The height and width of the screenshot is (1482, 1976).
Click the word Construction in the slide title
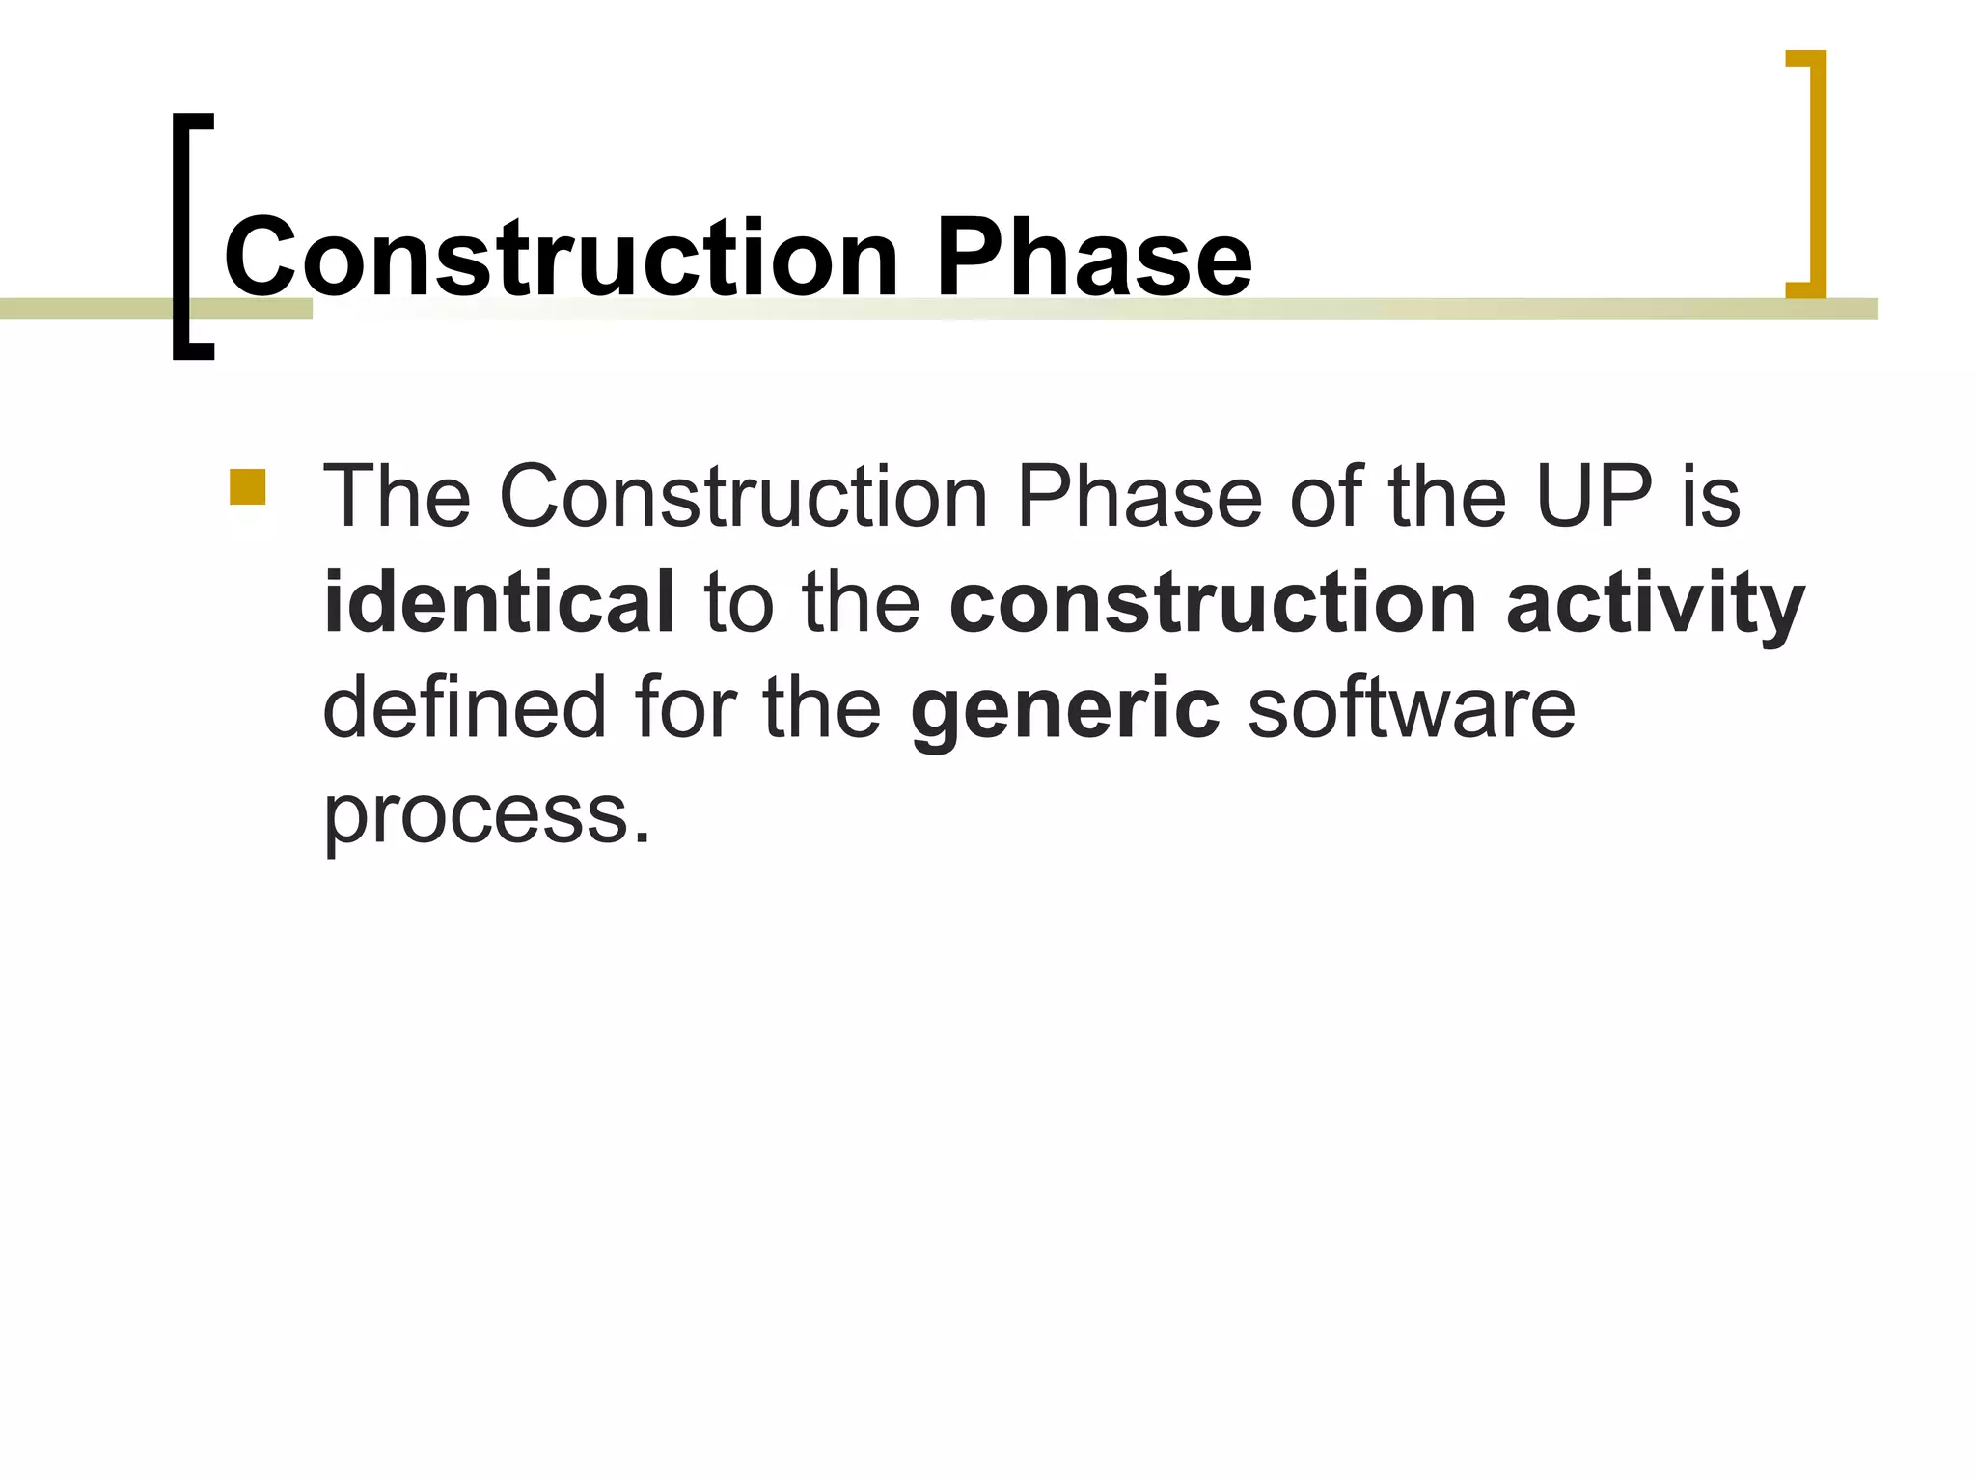561,258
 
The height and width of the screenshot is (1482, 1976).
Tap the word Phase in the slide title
1093,258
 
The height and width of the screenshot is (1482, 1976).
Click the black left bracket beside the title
183,236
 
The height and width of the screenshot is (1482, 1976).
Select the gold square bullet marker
248,487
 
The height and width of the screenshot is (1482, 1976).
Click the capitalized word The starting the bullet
397,497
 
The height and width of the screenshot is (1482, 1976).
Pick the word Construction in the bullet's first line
743,497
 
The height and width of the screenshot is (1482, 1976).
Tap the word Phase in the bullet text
1139,497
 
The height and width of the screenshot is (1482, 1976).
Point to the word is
1712,497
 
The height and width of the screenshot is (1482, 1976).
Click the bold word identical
499,603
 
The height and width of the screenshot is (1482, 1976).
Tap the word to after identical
739,603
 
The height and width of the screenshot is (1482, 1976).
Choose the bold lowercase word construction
1213,603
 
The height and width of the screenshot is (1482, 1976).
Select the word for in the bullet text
684,708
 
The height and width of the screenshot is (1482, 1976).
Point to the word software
1412,708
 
